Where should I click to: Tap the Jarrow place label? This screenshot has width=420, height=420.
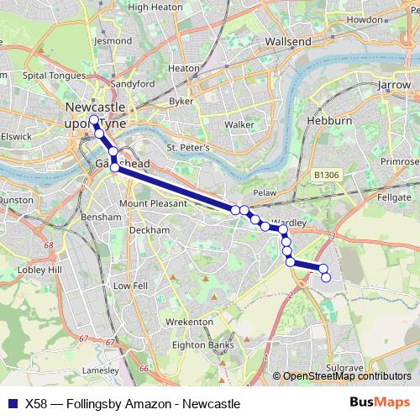pos(394,85)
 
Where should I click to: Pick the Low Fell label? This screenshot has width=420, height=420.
pos(130,286)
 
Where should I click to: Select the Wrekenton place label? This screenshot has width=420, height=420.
pos(189,322)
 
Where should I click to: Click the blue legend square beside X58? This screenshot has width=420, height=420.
pos(10,403)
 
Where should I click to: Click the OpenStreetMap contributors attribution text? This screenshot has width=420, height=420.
pos(346,376)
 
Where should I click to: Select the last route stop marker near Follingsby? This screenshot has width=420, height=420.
pos(327,277)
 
